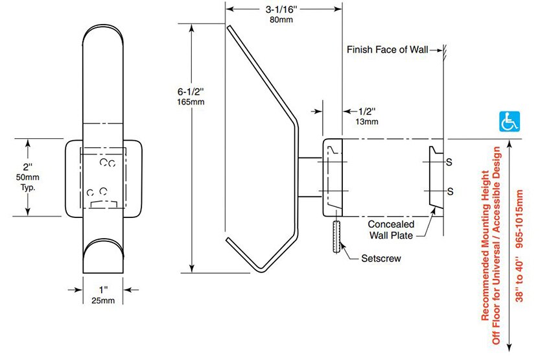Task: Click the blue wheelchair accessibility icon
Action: click(x=509, y=122)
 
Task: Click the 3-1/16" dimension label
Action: click(x=281, y=9)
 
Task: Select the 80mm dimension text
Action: click(x=281, y=19)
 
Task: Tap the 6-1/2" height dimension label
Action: click(x=191, y=91)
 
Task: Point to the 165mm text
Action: click(x=191, y=102)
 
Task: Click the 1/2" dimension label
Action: click(x=367, y=112)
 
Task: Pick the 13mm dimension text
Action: click(x=367, y=122)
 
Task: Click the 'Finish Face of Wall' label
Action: click(x=387, y=49)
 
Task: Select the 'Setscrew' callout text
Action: click(x=381, y=258)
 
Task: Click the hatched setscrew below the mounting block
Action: click(x=336, y=237)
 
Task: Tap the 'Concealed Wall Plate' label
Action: click(x=391, y=230)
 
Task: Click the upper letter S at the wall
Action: click(x=449, y=162)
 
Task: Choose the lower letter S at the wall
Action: click(x=450, y=191)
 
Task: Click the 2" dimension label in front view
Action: click(x=28, y=167)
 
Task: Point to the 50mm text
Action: click(x=28, y=177)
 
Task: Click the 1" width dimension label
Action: click(x=103, y=290)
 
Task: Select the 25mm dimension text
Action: click(x=103, y=300)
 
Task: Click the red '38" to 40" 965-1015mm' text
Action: click(x=520, y=246)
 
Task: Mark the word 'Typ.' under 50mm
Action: click(x=28, y=187)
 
